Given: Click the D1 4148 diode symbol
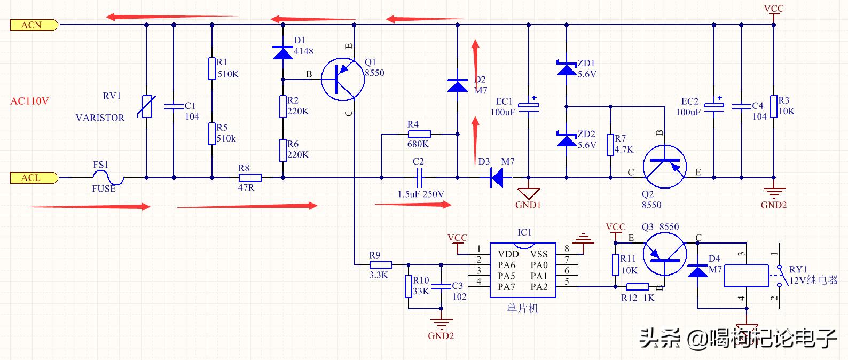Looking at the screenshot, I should point(283,52).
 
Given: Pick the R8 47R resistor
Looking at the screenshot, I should point(250,178).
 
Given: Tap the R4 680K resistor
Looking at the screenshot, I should point(419,134).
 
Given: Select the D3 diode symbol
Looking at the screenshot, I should point(497,178).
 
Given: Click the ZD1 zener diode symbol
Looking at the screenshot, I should point(567,68).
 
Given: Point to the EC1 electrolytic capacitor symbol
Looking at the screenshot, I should point(529,106).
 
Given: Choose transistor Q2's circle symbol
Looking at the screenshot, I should point(664,166).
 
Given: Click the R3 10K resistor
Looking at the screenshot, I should point(774,108).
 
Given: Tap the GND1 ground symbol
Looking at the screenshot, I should point(529,194).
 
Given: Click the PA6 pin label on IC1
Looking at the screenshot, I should point(506,265).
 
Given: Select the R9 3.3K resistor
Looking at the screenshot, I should point(381,265).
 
